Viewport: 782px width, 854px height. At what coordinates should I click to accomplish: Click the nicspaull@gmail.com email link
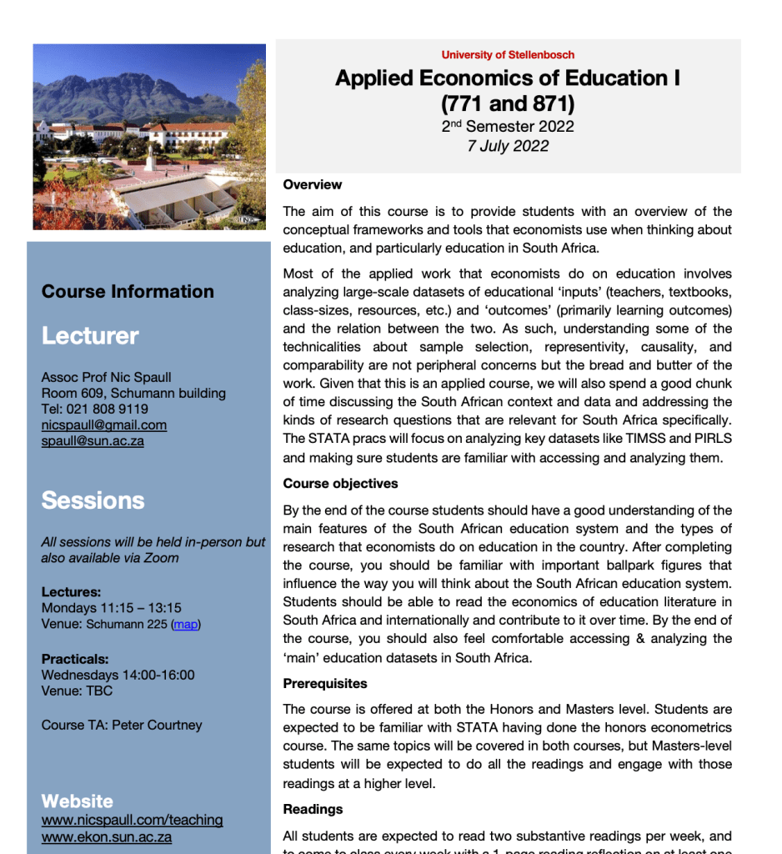(103, 425)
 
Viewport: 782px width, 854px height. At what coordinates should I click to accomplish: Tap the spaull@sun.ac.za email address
(93, 441)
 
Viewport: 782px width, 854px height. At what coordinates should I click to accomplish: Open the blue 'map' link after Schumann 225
(186, 625)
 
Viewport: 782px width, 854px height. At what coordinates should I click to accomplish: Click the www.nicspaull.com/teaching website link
(132, 820)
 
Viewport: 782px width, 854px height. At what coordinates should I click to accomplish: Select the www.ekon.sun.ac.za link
(107, 837)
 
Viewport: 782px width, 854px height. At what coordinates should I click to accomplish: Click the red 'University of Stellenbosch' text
(508, 55)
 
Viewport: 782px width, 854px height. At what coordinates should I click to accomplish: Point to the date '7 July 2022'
(508, 146)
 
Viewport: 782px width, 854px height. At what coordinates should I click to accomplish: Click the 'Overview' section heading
(312, 184)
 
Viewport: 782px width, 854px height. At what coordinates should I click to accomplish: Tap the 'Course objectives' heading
(340, 484)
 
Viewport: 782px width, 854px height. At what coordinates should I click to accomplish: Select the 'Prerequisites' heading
(324, 684)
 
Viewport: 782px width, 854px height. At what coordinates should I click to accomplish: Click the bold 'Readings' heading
(313, 809)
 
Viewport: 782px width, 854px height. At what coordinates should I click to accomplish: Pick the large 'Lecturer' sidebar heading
(90, 336)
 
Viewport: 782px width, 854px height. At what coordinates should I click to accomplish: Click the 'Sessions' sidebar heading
(93, 500)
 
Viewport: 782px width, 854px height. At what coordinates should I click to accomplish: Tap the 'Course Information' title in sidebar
(128, 292)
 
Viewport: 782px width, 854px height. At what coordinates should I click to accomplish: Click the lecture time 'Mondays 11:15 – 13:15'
(111, 608)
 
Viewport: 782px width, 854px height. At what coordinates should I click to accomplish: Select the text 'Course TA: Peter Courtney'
(121, 726)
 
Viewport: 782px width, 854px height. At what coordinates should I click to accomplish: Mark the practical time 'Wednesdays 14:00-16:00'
(118, 675)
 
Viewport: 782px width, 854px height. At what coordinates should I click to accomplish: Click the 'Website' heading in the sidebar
(77, 801)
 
